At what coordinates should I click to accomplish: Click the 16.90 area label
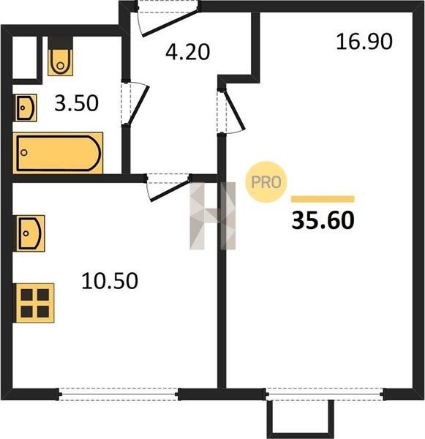pos(364,42)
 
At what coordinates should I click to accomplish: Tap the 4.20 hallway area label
pos(187,52)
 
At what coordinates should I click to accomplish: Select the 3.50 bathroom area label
pos(76,103)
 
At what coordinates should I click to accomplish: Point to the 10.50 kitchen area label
pos(110,280)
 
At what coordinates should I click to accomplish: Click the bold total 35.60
pos(323,220)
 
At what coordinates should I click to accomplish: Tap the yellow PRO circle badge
pos(266,182)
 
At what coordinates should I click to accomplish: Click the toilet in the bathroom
pos(61,56)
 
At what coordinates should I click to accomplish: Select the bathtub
pos(58,153)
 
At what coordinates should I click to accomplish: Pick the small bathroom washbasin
pos(25,108)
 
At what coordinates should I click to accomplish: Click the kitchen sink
pos(29,233)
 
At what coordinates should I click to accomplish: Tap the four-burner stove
pos(34,303)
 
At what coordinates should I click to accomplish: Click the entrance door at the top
pos(168,18)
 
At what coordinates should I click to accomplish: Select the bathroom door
pos(135,104)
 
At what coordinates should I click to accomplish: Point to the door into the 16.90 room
pos(230,111)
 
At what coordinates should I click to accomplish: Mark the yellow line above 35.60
pos(323,199)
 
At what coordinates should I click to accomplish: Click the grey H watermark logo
pos(212,216)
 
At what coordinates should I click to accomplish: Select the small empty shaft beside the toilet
pos(25,58)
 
